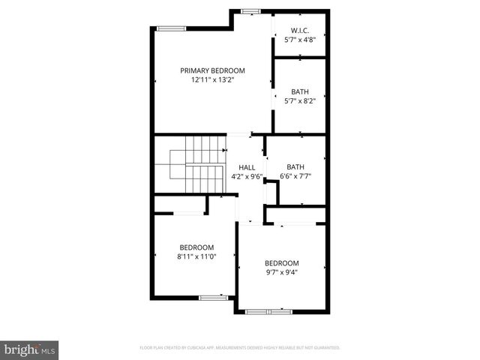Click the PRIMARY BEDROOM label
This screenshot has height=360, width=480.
[212, 70]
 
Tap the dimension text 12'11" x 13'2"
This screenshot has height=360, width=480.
[212, 79]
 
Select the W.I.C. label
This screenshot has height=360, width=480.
[299, 30]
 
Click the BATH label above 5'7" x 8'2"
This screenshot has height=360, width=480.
[299, 91]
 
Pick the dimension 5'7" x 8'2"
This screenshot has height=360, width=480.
[299, 100]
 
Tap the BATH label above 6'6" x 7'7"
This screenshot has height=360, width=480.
[295, 167]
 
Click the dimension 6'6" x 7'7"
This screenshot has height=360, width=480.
[295, 176]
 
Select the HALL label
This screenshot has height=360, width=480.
[247, 167]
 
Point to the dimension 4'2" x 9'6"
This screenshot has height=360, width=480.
[247, 176]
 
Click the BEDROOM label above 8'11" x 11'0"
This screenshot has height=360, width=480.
[196, 247]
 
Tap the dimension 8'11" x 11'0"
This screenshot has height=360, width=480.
[196, 256]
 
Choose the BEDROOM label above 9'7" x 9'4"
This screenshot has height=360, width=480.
[282, 263]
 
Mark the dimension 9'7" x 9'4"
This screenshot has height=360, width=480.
[282, 272]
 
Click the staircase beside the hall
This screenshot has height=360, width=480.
[197, 165]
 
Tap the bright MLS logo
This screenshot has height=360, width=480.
[30, 349]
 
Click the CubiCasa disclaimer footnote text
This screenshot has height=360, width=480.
[240, 348]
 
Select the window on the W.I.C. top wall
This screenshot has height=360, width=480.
[250, 10]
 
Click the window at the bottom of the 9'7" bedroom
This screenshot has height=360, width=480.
[269, 310]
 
